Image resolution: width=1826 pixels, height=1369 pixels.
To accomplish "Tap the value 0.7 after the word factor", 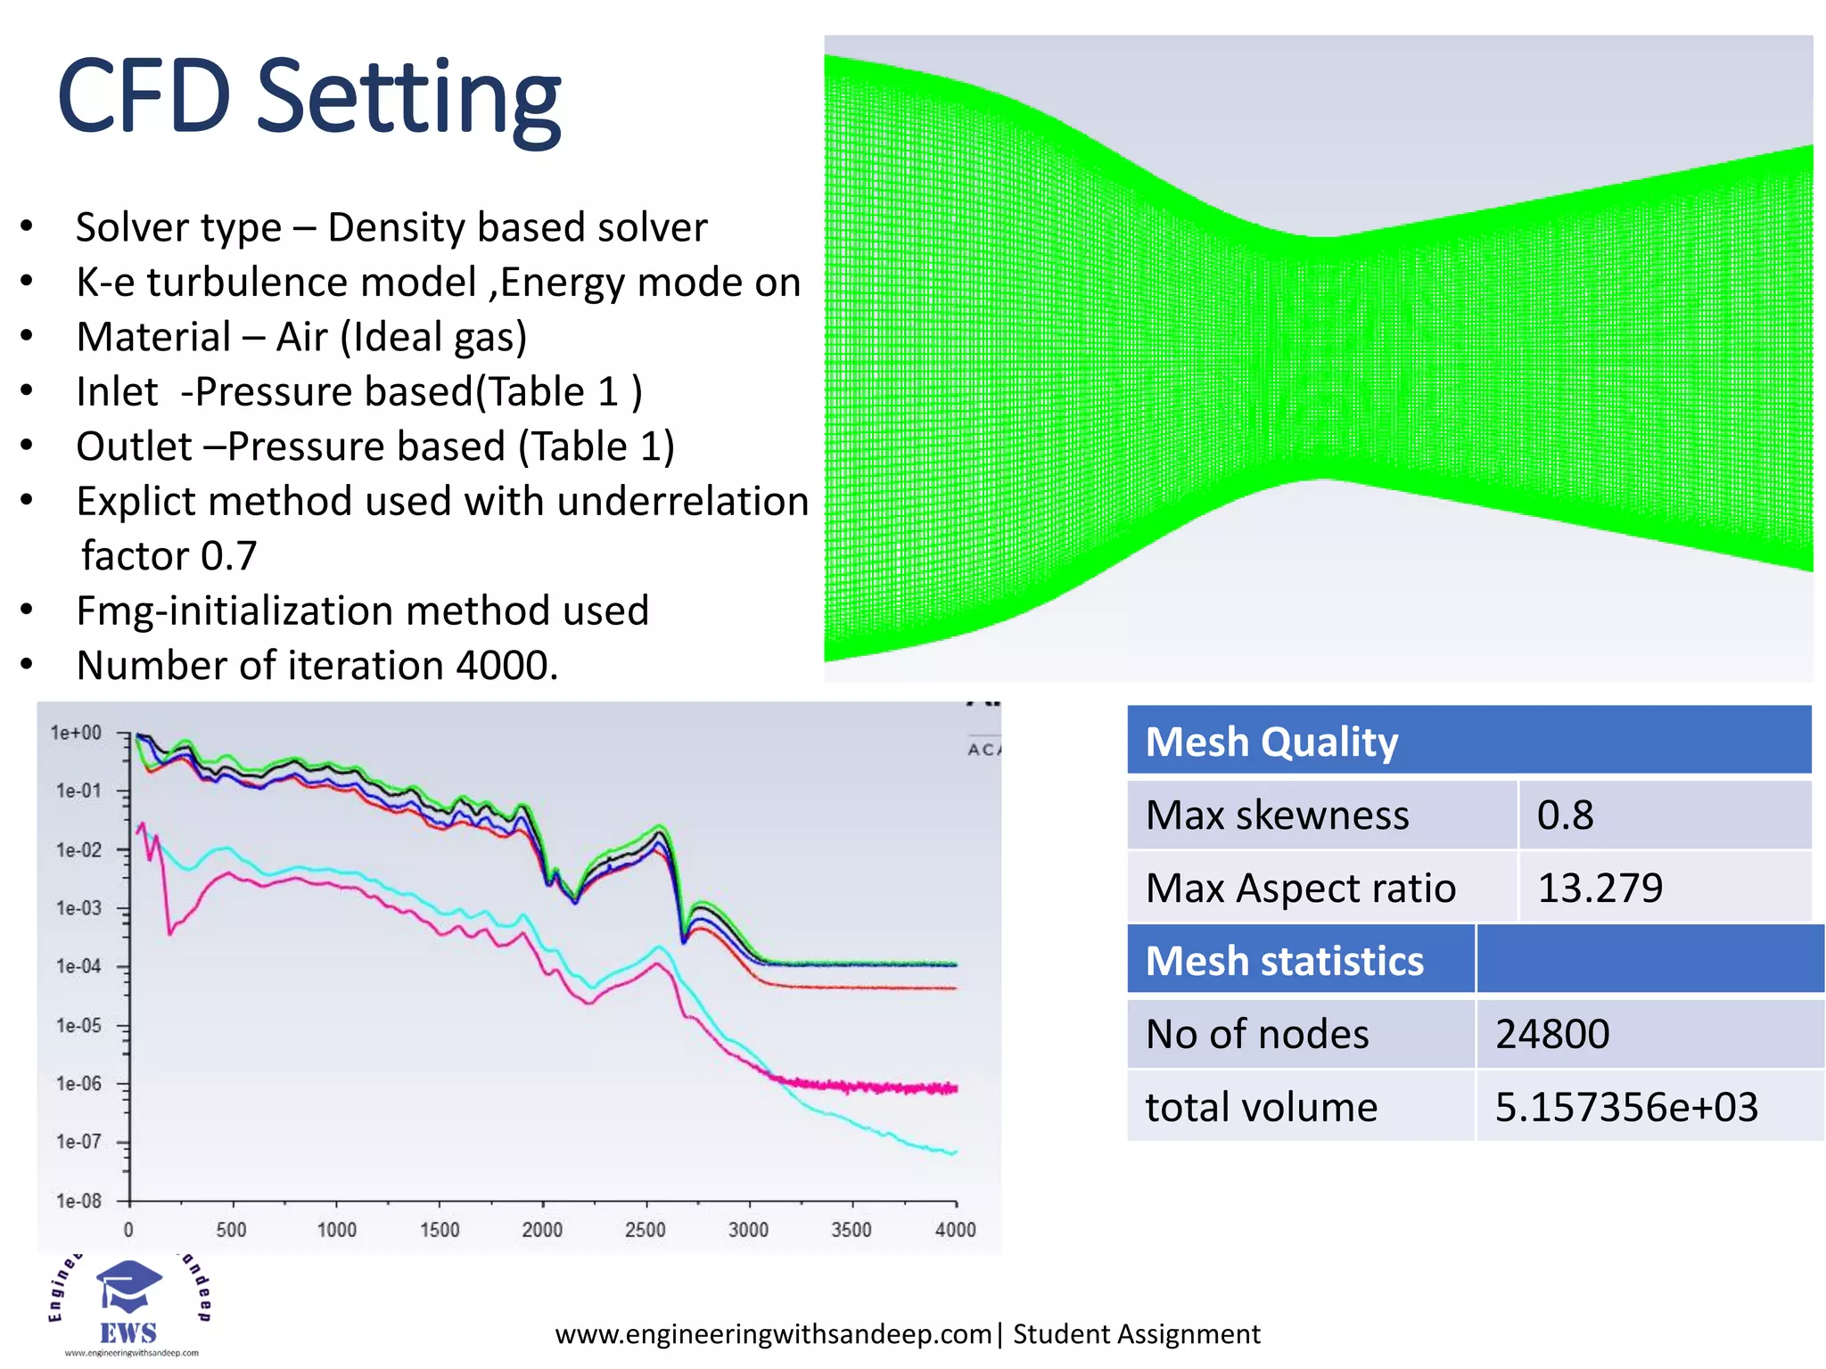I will [x=228, y=556].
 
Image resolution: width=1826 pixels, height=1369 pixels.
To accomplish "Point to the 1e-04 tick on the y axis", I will [x=78, y=966].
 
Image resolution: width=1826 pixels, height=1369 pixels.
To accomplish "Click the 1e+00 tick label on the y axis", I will [x=76, y=733].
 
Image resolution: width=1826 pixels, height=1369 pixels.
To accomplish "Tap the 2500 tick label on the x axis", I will [x=645, y=1230].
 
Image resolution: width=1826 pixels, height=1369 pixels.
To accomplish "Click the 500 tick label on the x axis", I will [x=231, y=1230].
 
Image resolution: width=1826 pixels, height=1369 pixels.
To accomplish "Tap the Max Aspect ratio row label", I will [x=1300, y=888].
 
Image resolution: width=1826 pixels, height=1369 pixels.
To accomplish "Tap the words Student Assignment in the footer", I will [x=1136, y=1334].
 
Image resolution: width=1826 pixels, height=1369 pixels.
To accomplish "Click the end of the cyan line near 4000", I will [x=954, y=1152].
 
